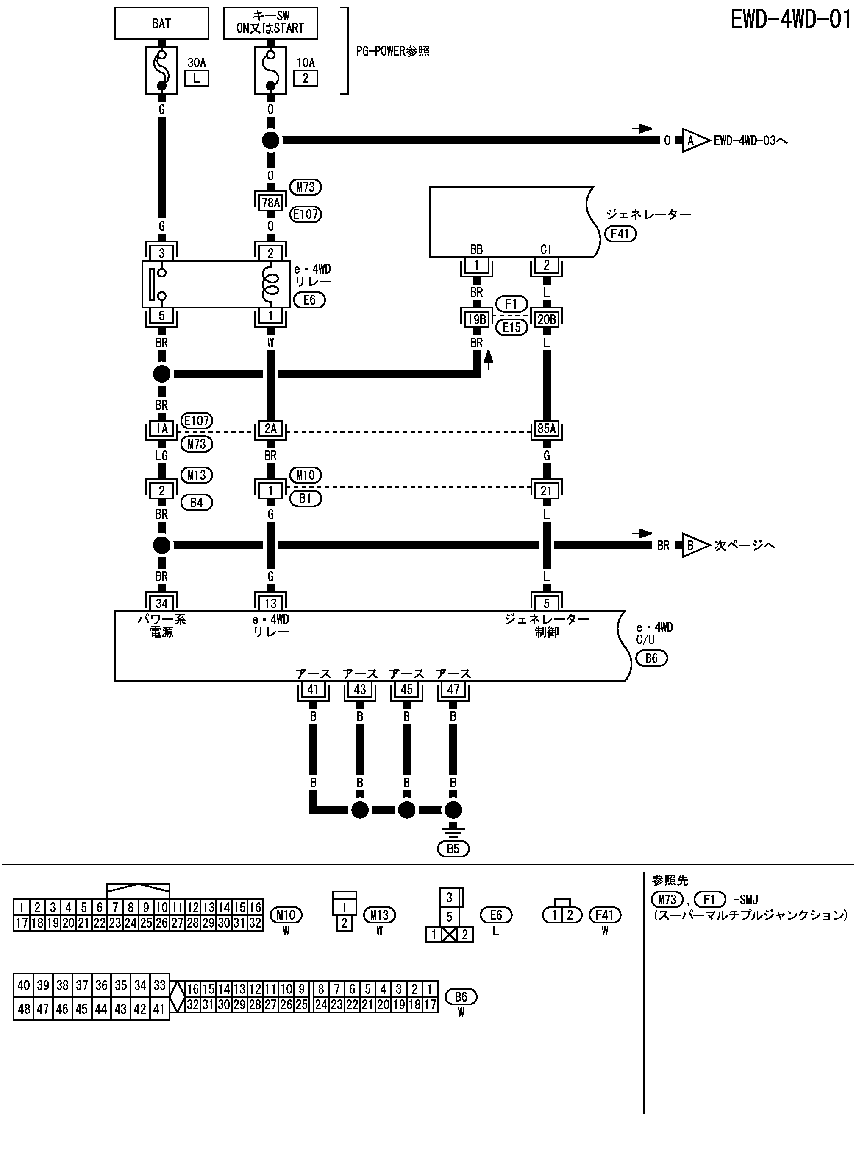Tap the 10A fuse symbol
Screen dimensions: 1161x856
tap(270, 70)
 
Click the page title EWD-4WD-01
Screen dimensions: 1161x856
tap(791, 20)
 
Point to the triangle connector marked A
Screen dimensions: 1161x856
tap(693, 140)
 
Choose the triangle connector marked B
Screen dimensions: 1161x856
tap(693, 545)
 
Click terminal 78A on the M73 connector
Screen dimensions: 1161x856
tap(270, 202)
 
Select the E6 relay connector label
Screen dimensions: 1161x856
tap(309, 300)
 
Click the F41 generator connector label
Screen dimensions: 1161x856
tap(620, 234)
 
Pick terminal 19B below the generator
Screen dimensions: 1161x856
tap(476, 319)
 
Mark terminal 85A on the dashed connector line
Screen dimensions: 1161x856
tap(546, 429)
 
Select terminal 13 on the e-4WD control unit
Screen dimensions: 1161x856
tap(270, 603)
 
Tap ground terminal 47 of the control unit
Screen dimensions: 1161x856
tap(453, 689)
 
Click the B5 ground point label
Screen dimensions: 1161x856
tap(453, 849)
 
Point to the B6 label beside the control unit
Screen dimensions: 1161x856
tap(651, 658)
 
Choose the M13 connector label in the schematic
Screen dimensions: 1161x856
tap(196, 475)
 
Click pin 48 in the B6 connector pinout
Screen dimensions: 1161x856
tap(23, 1009)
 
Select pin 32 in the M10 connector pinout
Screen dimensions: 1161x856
tap(255, 923)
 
